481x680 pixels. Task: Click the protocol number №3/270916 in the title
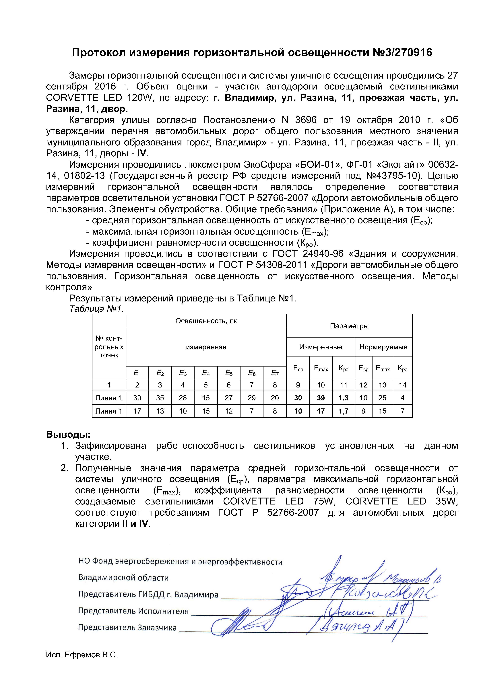coord(401,53)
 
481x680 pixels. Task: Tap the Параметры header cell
coord(349,326)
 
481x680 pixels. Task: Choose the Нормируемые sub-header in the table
coord(383,347)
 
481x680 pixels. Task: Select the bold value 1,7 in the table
coord(344,411)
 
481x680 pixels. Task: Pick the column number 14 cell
coord(402,385)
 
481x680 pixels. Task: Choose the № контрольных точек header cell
coord(109,347)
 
